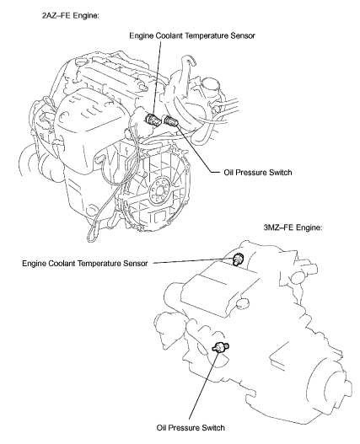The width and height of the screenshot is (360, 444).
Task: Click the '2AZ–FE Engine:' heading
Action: tap(71, 16)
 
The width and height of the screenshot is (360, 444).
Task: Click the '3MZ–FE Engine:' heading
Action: tap(293, 227)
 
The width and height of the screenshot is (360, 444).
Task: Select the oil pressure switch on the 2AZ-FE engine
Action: tap(170, 120)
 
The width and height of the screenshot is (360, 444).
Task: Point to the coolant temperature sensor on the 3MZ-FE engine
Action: tap(238, 259)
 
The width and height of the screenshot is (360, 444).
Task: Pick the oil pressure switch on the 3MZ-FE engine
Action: tap(221, 346)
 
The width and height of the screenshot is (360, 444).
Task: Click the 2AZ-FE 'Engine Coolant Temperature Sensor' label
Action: tap(192, 35)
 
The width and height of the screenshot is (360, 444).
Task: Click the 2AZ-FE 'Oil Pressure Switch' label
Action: tap(258, 172)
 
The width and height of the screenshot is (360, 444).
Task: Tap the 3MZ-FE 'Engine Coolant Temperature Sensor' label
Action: tap(85, 264)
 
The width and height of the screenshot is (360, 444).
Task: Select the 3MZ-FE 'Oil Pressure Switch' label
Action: tap(191, 427)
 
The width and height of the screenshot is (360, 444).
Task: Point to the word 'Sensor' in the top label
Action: tap(243, 35)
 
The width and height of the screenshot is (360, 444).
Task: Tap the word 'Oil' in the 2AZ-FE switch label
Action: tap(228, 172)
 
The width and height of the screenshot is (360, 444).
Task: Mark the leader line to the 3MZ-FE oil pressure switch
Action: tap(204, 385)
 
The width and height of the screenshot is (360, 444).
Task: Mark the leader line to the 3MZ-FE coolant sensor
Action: tap(193, 261)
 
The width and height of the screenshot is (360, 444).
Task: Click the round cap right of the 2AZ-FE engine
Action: tap(209, 85)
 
